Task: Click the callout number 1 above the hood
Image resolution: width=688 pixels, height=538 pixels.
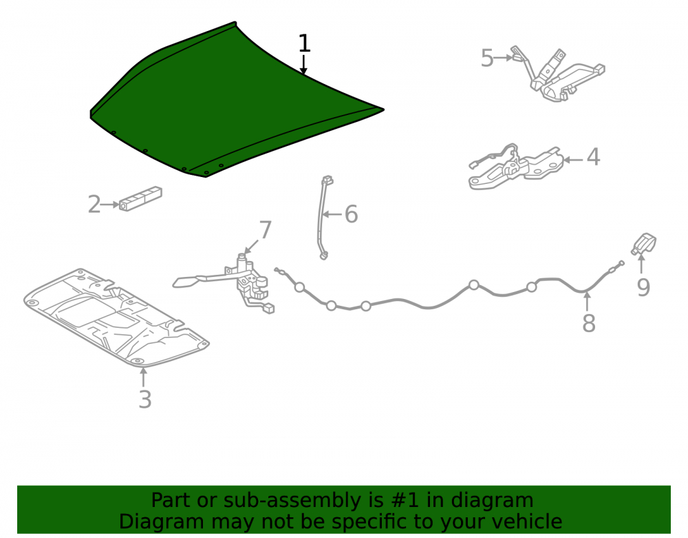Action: click(x=304, y=43)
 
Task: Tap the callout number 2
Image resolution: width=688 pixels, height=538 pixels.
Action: click(x=94, y=205)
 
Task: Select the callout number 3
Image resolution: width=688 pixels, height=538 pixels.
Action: click(x=144, y=400)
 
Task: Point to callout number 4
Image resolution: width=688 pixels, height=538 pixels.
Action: click(x=593, y=157)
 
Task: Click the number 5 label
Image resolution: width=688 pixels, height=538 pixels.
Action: click(x=487, y=58)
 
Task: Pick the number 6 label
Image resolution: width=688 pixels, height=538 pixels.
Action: click(x=351, y=214)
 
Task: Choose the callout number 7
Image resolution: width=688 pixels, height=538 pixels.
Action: click(x=266, y=229)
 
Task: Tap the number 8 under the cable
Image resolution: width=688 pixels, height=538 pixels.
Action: click(x=588, y=323)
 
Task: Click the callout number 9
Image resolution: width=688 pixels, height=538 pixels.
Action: click(x=643, y=288)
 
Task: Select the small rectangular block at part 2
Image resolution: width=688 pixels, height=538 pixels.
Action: click(x=140, y=199)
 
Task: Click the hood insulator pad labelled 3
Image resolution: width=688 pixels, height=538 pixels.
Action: click(x=116, y=317)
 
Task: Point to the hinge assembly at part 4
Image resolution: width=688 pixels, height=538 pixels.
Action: click(x=516, y=167)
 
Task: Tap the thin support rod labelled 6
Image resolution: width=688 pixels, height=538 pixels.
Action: click(x=324, y=218)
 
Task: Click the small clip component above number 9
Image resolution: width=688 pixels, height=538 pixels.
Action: click(x=644, y=244)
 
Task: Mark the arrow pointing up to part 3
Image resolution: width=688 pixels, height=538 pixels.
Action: click(x=143, y=377)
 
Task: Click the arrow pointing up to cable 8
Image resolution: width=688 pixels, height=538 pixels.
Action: click(x=588, y=301)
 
